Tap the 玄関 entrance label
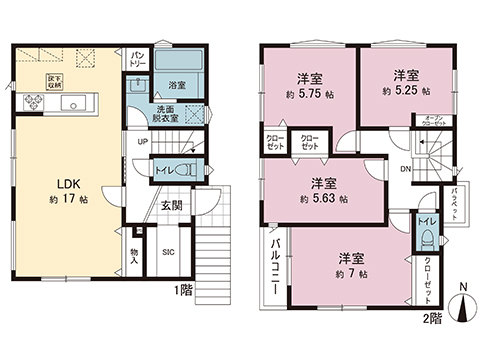[171, 205]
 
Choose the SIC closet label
[169, 253]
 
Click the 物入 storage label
[134, 256]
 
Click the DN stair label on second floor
[404, 169]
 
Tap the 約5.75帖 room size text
[308, 90]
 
